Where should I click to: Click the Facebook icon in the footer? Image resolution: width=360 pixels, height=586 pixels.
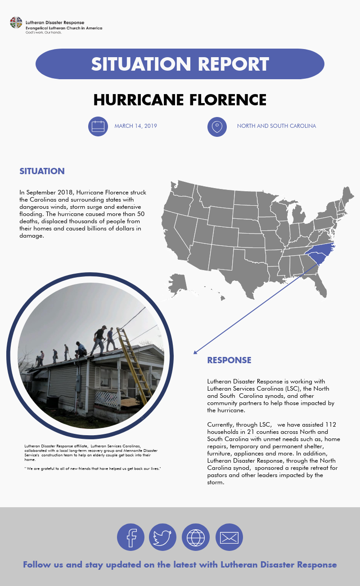click(x=130, y=537)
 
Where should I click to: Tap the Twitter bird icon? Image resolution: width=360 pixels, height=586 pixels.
click(x=162, y=537)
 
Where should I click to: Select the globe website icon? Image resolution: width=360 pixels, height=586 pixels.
click(x=196, y=537)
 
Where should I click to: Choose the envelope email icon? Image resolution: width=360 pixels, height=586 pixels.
click(x=229, y=537)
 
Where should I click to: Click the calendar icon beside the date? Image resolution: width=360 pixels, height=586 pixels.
click(x=98, y=126)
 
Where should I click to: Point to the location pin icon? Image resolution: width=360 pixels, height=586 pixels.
click(x=217, y=126)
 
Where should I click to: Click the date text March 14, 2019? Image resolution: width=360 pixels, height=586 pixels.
click(x=135, y=126)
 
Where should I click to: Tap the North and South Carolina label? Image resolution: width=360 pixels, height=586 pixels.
click(x=276, y=126)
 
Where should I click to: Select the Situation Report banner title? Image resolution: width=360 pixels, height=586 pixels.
click(x=180, y=64)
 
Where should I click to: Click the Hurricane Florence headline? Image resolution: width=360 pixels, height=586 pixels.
click(x=180, y=99)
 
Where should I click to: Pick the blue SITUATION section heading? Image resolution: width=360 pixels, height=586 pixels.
click(x=42, y=171)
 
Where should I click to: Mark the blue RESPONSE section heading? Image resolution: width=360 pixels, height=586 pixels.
click(x=229, y=360)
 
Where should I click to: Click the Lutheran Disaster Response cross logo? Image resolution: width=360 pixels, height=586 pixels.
click(x=16, y=23)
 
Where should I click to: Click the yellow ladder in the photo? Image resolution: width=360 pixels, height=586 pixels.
click(x=134, y=365)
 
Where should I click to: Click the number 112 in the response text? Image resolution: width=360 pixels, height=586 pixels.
click(x=330, y=424)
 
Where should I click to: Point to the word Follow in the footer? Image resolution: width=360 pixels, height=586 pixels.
click(x=36, y=564)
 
